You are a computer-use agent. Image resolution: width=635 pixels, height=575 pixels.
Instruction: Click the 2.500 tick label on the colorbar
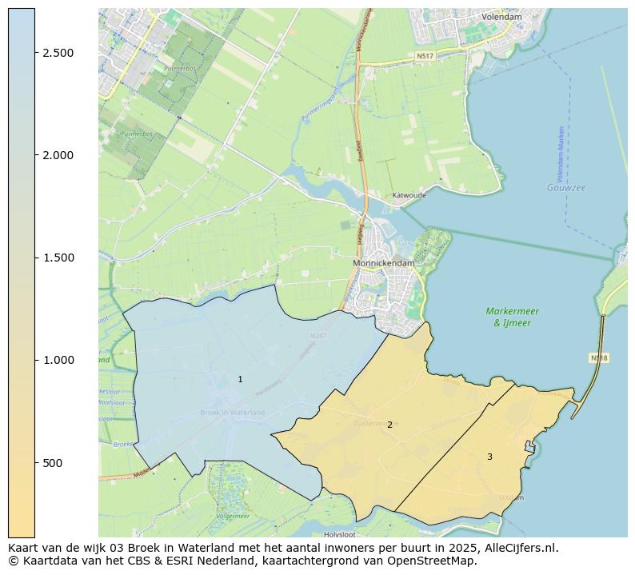[58, 53]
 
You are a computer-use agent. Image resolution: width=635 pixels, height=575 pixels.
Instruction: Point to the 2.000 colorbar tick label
[58, 155]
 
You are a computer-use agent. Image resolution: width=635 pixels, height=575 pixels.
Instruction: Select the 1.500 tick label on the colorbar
[58, 258]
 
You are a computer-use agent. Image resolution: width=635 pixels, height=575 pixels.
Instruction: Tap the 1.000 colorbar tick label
[58, 360]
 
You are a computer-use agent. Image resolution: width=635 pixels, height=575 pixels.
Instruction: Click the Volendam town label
[502, 16]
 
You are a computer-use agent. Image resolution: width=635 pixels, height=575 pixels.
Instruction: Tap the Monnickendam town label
[384, 262]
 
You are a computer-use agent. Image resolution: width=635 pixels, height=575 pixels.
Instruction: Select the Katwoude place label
[409, 195]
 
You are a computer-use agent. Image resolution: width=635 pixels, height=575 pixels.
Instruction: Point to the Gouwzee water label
[566, 188]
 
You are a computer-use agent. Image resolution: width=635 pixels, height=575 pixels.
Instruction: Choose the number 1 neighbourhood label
[240, 379]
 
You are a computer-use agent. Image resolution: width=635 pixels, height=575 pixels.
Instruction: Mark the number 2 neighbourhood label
[389, 425]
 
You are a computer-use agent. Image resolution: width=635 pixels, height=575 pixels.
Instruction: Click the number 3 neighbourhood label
[489, 457]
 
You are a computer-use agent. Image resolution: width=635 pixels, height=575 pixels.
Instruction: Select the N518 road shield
[599, 357]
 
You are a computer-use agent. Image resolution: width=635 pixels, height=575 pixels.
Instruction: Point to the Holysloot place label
[339, 534]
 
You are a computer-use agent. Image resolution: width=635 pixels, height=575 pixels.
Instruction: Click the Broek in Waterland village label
[232, 412]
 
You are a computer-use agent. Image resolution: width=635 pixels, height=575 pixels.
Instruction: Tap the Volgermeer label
[234, 516]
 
